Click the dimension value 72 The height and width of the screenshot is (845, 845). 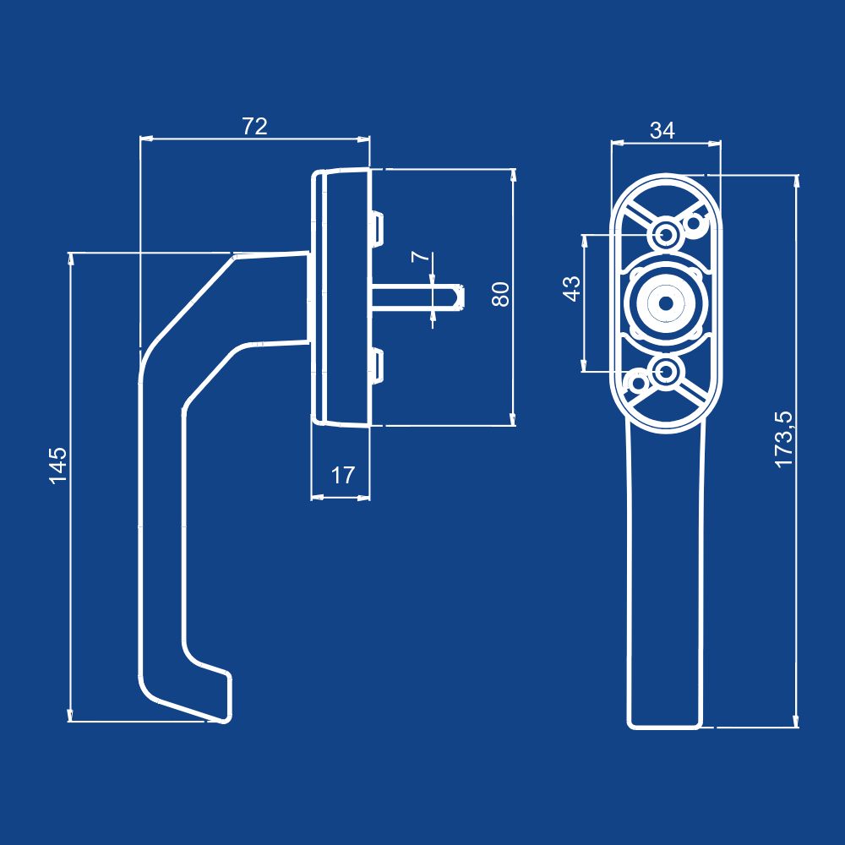[x=254, y=126]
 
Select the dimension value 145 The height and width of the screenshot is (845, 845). [x=58, y=466]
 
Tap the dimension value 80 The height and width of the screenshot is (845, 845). [x=500, y=294]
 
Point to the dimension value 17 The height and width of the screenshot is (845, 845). [x=343, y=475]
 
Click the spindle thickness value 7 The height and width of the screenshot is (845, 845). [x=421, y=257]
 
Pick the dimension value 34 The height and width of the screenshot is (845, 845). [x=662, y=130]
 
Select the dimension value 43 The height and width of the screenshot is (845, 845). [x=571, y=289]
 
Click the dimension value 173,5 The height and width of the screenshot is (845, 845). [x=784, y=439]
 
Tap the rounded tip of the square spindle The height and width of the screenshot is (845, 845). [x=460, y=298]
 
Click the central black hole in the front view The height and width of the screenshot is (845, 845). [x=666, y=304]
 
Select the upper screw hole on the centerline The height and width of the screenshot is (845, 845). [x=666, y=235]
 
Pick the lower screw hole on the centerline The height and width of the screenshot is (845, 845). [x=666, y=372]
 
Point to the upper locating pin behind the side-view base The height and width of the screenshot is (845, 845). [x=377, y=229]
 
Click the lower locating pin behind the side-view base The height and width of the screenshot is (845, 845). [x=377, y=366]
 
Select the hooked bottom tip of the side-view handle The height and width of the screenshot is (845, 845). [x=226, y=720]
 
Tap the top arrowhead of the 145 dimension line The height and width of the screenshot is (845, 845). [x=70, y=259]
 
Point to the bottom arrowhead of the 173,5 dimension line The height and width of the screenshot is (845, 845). [x=796, y=721]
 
